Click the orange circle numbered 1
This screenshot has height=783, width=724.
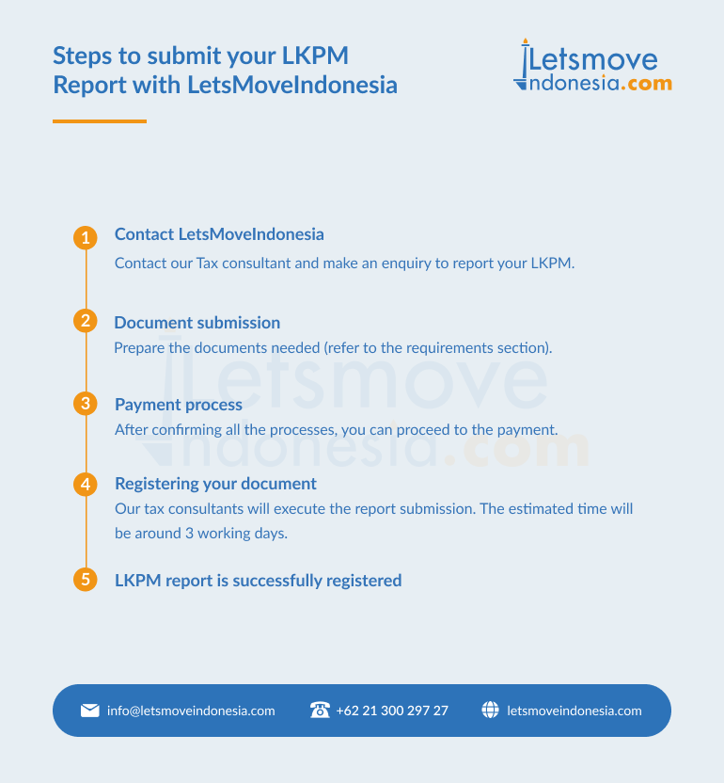click(86, 238)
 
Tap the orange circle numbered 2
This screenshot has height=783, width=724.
click(86, 321)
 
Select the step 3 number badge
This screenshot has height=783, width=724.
click(86, 404)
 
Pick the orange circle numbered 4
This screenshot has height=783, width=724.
click(86, 485)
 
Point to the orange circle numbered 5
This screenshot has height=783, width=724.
click(86, 580)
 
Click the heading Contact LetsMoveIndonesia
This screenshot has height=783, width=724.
click(219, 234)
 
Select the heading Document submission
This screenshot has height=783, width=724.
click(197, 323)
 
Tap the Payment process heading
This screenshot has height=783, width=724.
click(179, 405)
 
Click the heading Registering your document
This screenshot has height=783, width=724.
click(215, 484)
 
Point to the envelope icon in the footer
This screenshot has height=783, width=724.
click(90, 711)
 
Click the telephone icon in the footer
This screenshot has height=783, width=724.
click(320, 710)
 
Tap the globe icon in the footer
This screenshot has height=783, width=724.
click(490, 710)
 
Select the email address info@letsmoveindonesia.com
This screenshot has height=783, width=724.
click(191, 711)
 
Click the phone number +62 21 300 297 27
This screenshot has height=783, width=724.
click(392, 711)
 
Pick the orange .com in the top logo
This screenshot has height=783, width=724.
click(646, 84)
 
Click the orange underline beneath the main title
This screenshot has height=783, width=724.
click(100, 120)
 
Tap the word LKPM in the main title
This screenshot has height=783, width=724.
click(315, 56)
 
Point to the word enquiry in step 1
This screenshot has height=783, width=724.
click(406, 264)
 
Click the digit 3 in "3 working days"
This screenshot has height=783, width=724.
click(189, 534)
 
